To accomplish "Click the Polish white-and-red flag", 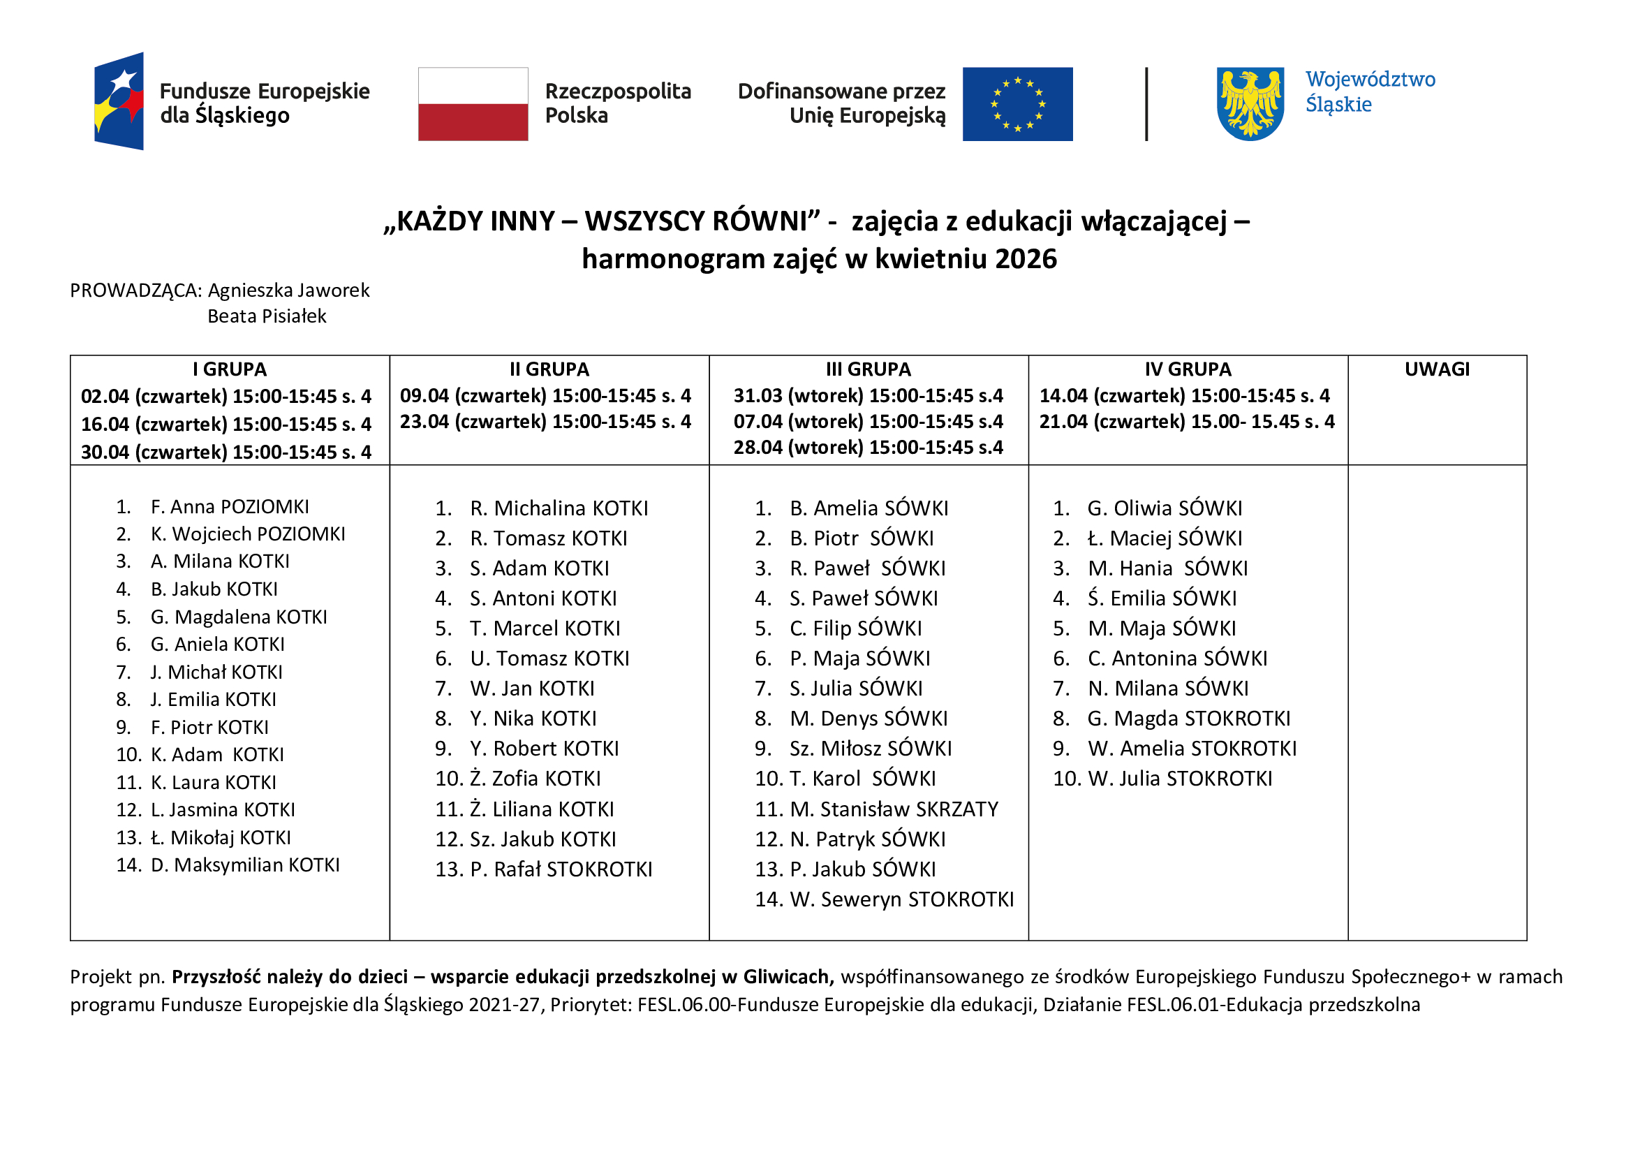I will [x=473, y=104].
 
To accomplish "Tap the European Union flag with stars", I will [x=1017, y=104].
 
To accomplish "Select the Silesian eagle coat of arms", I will [x=1250, y=104].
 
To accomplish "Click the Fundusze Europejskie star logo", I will [x=119, y=101].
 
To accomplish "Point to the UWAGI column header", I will [x=1437, y=369].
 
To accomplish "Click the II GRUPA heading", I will [x=549, y=369].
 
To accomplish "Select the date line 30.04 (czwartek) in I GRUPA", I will [x=226, y=453].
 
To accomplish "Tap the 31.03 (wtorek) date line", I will [x=869, y=395].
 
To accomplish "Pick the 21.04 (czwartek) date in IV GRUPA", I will [x=1186, y=422].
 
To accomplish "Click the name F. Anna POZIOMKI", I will [x=230, y=507].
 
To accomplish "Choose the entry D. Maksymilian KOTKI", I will [x=244, y=865].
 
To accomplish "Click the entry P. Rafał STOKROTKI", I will [x=561, y=869].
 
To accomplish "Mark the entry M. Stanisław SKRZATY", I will [x=894, y=809].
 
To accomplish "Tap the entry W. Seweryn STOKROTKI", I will [x=902, y=899].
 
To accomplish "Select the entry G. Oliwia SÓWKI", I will [x=1165, y=508].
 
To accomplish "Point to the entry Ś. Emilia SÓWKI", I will [x=1162, y=598].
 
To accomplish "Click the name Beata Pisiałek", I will [x=267, y=316].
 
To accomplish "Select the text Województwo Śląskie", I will [x=1370, y=91].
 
